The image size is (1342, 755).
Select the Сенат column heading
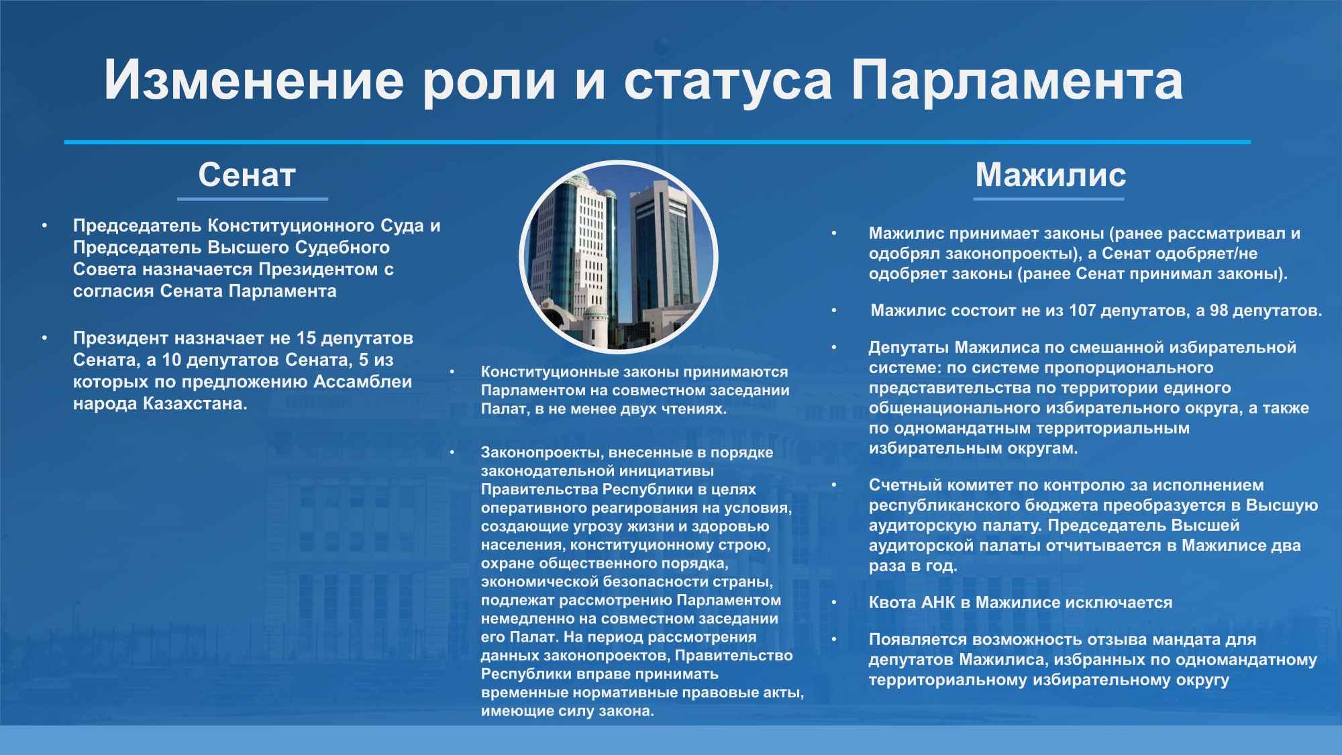(247, 175)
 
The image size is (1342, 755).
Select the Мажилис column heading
(1050, 175)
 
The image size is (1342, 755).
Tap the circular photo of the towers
(618, 257)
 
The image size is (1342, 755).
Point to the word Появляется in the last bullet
(918, 640)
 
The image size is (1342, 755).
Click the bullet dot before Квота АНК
(835, 603)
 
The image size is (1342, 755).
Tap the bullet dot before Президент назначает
(44, 338)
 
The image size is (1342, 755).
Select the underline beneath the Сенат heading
(252, 199)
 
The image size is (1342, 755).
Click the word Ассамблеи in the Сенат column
(362, 383)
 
